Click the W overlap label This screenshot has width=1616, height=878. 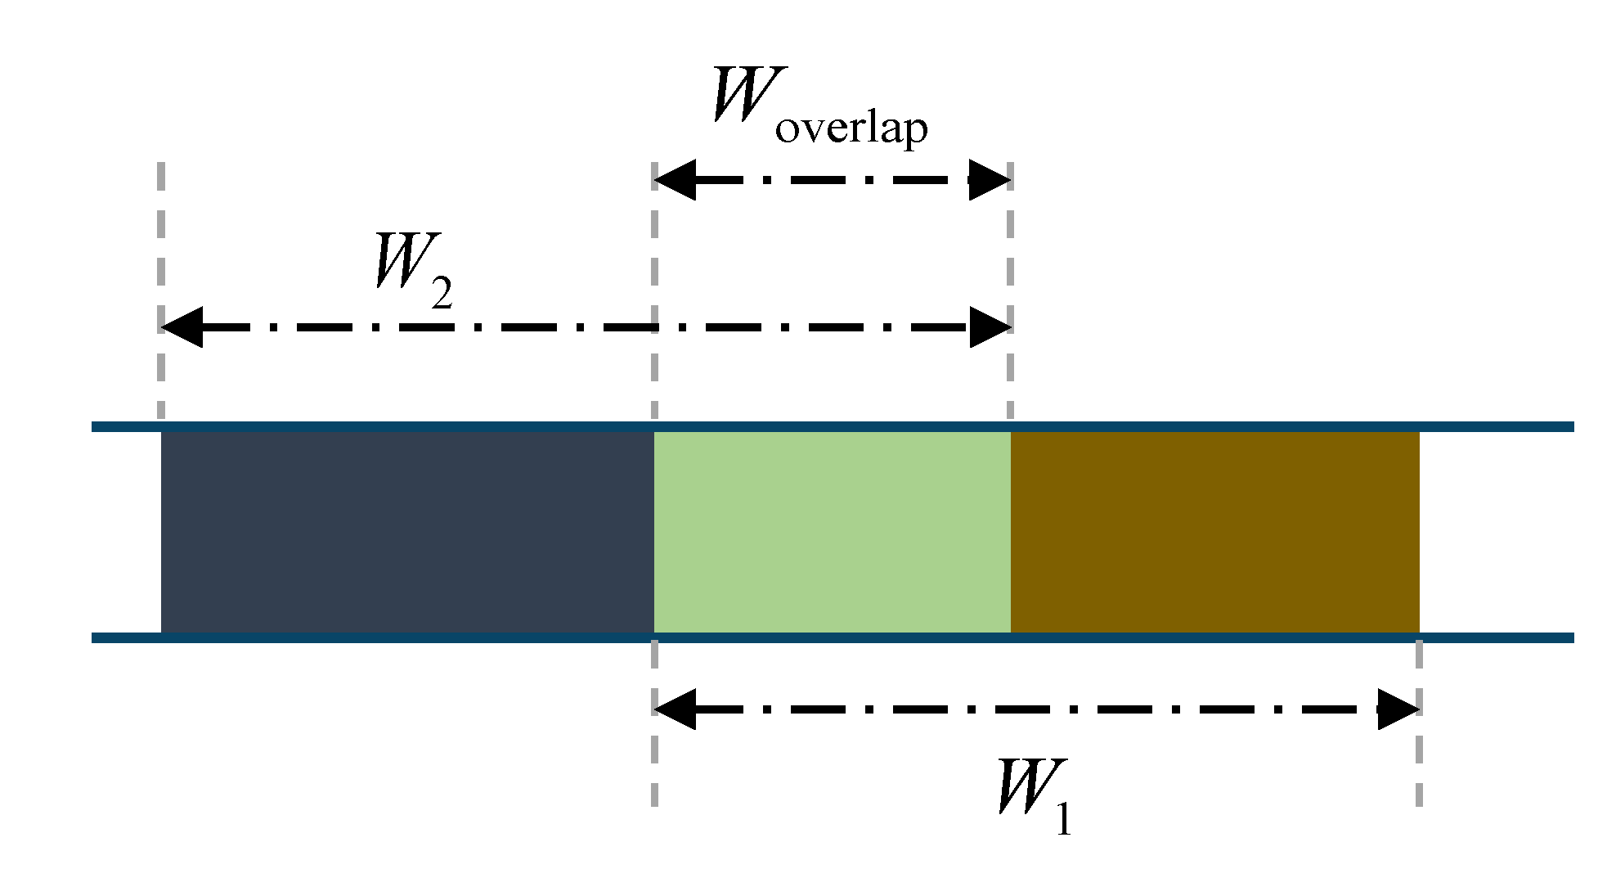(818, 106)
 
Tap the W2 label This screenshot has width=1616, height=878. (411, 270)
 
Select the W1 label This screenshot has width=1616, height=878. (1033, 796)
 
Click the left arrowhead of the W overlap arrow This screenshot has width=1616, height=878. (674, 180)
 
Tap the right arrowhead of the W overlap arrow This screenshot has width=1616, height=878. (990, 180)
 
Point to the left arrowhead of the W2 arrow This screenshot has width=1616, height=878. (181, 327)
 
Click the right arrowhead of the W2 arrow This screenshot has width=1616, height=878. (990, 327)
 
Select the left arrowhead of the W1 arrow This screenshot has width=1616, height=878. (674, 709)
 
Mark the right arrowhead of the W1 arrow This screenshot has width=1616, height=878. (1398, 709)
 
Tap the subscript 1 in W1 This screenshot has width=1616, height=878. (1062, 820)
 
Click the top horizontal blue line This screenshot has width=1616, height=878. (1227, 426)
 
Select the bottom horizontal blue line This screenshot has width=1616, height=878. (1227, 637)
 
